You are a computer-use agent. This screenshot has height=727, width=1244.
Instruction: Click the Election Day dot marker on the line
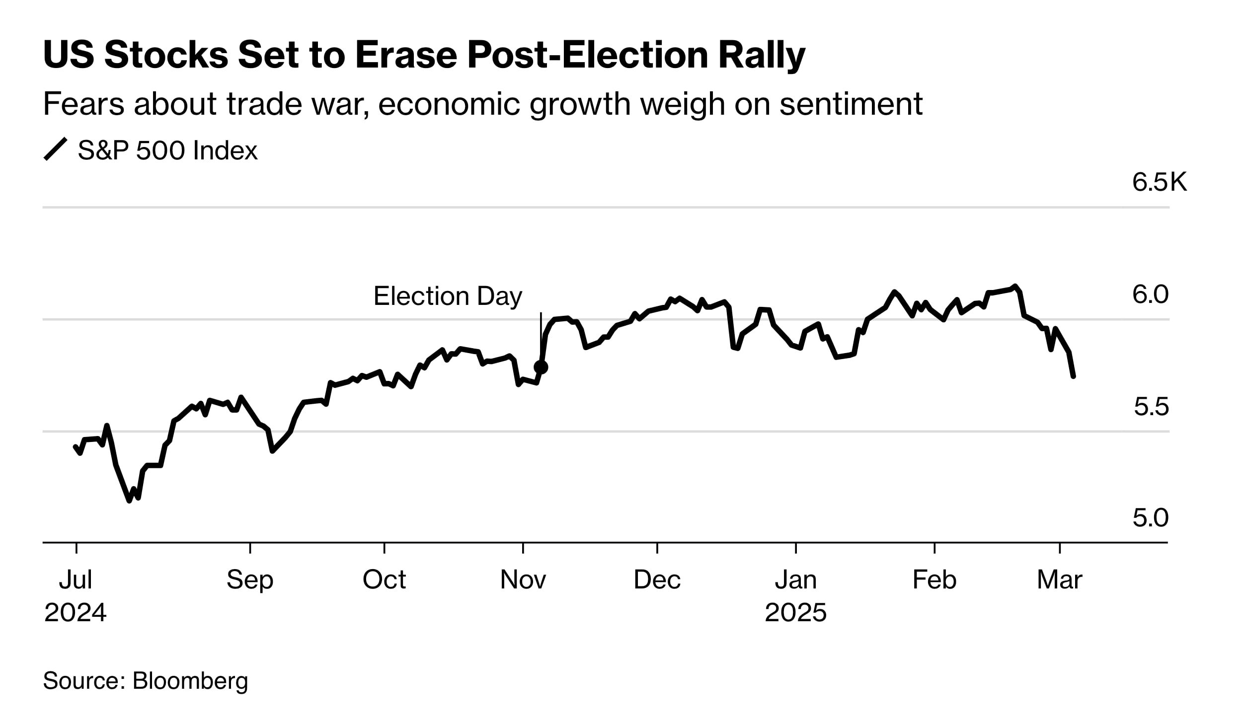click(x=541, y=367)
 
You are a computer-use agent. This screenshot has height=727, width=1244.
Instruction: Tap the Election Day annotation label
click(x=448, y=296)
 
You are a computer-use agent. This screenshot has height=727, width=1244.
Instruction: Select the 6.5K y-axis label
click(x=1160, y=182)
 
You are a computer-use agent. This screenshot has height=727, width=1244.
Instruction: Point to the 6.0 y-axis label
click(x=1150, y=294)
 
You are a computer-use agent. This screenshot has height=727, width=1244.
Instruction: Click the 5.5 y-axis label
click(x=1151, y=407)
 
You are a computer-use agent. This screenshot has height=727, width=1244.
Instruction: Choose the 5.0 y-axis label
click(x=1150, y=518)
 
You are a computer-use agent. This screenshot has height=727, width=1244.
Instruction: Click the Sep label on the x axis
click(x=250, y=580)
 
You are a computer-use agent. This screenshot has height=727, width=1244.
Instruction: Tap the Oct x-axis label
click(x=384, y=580)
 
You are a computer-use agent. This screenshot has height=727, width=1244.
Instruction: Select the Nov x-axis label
click(x=523, y=580)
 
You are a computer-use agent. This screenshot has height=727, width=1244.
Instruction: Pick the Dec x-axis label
click(x=657, y=580)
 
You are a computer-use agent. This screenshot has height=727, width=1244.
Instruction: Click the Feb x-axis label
click(x=934, y=580)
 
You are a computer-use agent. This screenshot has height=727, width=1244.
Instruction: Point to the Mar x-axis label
click(x=1059, y=580)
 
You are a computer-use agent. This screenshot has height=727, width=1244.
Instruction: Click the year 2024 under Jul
click(x=76, y=612)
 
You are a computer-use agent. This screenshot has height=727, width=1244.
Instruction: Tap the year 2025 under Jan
click(x=795, y=612)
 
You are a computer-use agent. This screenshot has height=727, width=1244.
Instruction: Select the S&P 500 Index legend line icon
click(x=55, y=149)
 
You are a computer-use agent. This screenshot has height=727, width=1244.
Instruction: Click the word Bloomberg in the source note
click(x=190, y=681)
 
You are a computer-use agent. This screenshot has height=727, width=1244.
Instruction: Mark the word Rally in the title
click(x=762, y=55)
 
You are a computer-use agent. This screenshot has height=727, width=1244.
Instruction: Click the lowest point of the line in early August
click(x=130, y=501)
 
